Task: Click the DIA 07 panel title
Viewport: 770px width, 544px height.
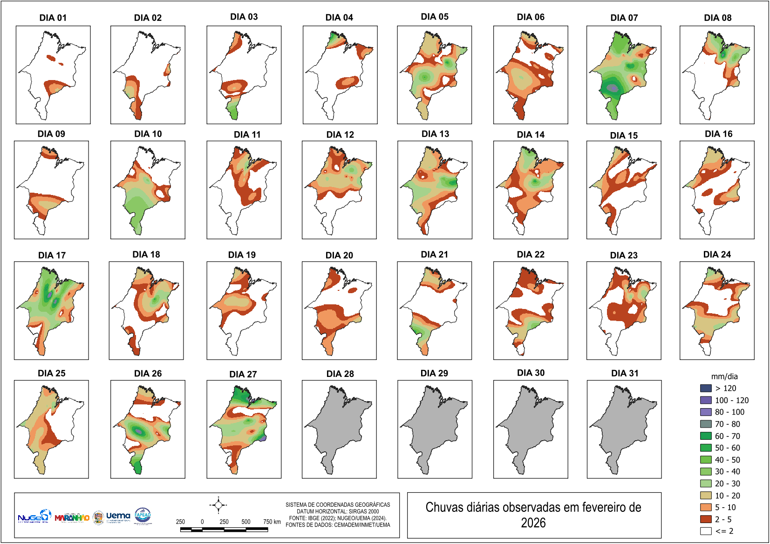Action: (624, 18)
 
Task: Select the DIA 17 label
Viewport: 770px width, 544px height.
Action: (52, 255)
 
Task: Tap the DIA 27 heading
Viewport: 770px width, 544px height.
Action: (243, 374)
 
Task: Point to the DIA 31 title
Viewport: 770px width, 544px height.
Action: (625, 373)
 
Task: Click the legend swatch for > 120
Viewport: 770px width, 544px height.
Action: (706, 388)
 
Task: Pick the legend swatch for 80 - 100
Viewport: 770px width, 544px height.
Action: (706, 412)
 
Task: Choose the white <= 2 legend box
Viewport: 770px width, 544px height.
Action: (706, 531)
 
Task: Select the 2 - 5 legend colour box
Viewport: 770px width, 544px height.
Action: (706, 519)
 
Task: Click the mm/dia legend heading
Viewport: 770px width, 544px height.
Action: (724, 376)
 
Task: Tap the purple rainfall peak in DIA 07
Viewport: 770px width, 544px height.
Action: (613, 87)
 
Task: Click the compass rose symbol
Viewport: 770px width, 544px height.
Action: (218, 505)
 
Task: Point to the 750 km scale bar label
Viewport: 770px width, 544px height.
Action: (272, 522)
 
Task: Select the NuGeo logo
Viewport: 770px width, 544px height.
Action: (34, 517)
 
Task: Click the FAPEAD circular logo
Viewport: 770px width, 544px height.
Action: (143, 516)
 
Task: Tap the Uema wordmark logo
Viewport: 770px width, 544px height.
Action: (118, 516)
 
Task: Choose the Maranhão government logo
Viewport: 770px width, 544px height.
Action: (72, 517)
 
